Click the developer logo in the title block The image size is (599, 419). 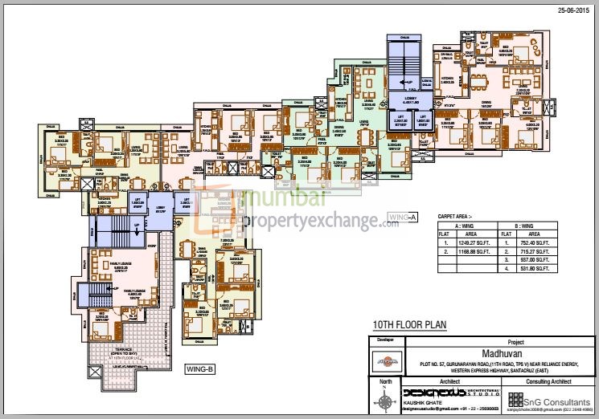coord(386,364)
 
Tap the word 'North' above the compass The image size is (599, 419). coord(386,383)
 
